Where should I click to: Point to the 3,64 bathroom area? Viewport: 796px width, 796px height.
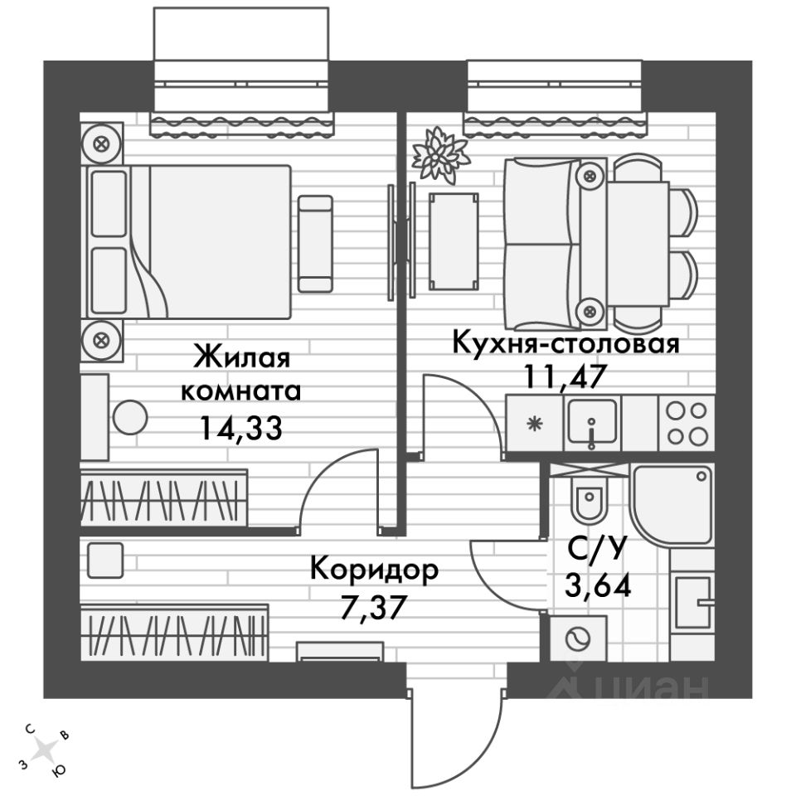pyautogui.click(x=597, y=586)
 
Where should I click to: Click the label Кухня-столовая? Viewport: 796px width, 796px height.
pyautogui.click(x=565, y=342)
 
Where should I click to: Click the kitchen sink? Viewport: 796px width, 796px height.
pyautogui.click(x=592, y=422)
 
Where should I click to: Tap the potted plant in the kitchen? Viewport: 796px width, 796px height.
pyautogui.click(x=440, y=153)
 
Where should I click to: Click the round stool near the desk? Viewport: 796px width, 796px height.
pyautogui.click(x=131, y=416)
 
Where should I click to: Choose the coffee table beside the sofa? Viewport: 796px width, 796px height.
pyautogui.click(x=454, y=240)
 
